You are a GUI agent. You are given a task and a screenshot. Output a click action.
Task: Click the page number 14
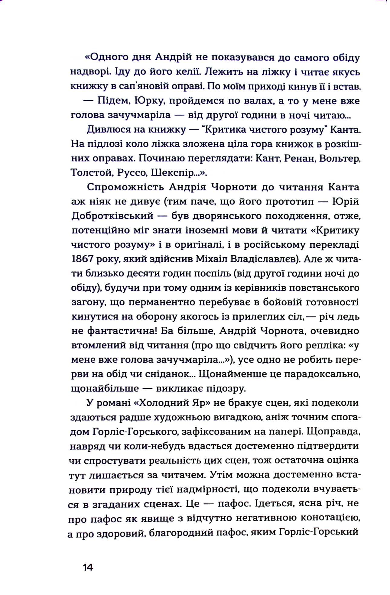coord(88,559)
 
